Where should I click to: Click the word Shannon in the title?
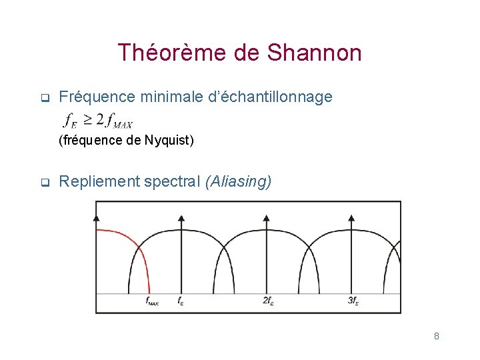pyautogui.click(x=315, y=53)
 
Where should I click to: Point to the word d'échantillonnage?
pyautogui.click(x=276, y=97)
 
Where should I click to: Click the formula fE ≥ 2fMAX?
pyautogui.click(x=97, y=121)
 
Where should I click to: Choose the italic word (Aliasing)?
pyautogui.click(x=239, y=181)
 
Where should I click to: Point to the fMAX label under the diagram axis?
pyautogui.click(x=152, y=301)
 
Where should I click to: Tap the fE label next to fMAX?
pyautogui.click(x=181, y=301)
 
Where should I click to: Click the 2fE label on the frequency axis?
pyautogui.click(x=268, y=301)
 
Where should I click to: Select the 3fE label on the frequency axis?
pyautogui.click(x=353, y=301)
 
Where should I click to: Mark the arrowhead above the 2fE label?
pyautogui.click(x=266, y=217)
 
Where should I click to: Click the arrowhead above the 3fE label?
pyautogui.click(x=351, y=217)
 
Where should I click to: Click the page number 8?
pyautogui.click(x=436, y=336)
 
